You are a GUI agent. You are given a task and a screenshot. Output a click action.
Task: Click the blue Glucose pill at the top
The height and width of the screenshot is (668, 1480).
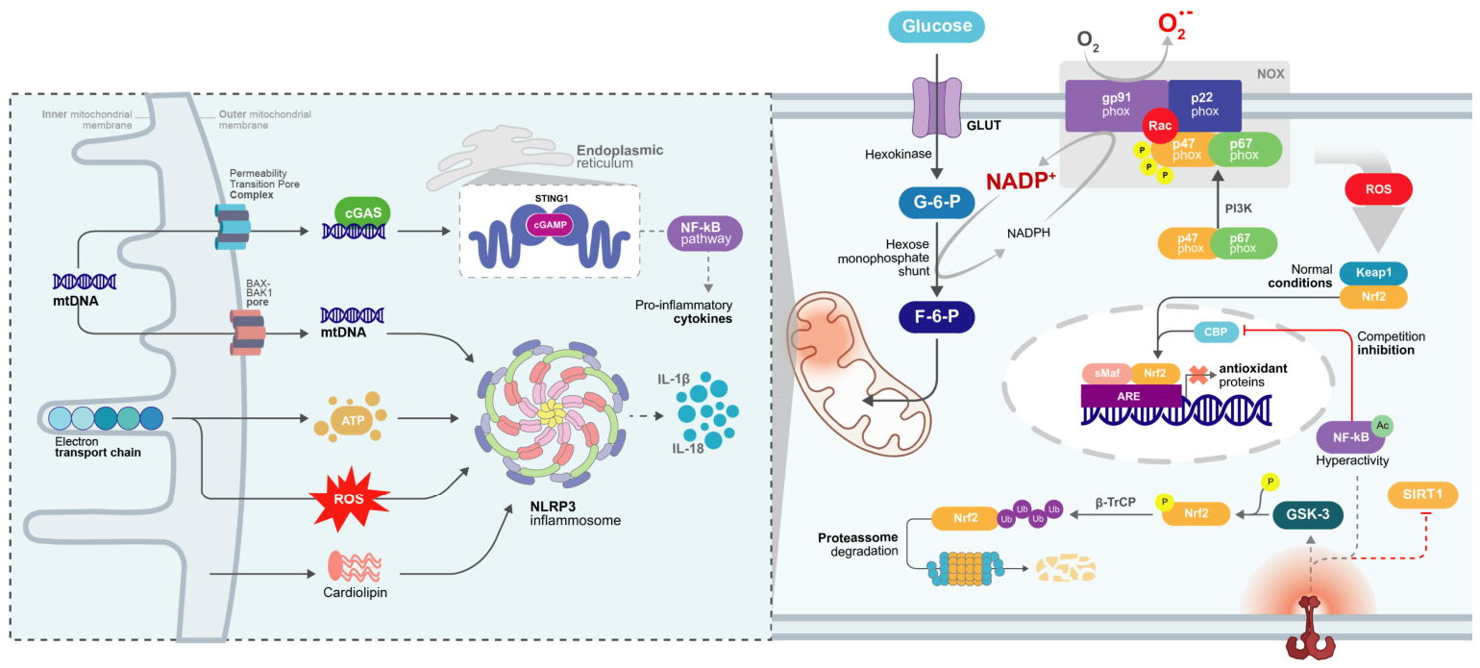click(x=936, y=26)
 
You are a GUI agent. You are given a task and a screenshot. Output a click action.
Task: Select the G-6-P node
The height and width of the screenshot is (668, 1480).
click(x=936, y=202)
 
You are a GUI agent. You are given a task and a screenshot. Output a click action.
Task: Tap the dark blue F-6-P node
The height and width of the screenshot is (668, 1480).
click(x=936, y=317)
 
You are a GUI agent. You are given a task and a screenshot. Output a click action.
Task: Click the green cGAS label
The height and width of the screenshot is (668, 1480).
click(x=362, y=212)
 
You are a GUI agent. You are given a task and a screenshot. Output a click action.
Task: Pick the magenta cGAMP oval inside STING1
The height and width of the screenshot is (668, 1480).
click(x=551, y=225)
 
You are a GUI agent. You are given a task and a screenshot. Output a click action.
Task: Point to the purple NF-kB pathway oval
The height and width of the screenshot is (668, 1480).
click(x=705, y=234)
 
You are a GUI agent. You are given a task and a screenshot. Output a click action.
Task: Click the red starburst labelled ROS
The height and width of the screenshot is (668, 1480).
click(x=349, y=499)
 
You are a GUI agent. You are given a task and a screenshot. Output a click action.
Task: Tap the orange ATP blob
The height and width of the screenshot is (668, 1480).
click(x=352, y=420)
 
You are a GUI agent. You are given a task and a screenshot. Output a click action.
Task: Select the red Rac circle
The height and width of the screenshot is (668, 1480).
click(x=1160, y=126)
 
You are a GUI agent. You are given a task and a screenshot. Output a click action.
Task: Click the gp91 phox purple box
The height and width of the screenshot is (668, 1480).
click(x=1117, y=105)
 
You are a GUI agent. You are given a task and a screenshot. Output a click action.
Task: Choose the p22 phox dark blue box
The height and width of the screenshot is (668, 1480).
click(x=1205, y=105)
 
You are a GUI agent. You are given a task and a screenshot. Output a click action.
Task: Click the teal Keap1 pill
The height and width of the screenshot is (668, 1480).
click(x=1373, y=273)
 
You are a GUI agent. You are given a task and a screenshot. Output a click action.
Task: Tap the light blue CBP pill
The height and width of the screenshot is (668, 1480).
click(x=1216, y=332)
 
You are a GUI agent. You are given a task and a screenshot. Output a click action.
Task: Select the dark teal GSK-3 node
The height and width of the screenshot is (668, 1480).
click(x=1308, y=514)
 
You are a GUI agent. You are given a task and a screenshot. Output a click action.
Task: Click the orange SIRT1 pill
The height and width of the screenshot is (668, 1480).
click(x=1422, y=495)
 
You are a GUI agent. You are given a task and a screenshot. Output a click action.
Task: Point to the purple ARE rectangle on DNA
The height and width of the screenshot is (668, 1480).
click(x=1131, y=396)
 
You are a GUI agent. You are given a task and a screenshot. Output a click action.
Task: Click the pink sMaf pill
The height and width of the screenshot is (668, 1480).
click(x=1107, y=373)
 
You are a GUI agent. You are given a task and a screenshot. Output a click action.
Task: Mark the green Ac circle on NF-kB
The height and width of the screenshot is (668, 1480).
click(x=1382, y=426)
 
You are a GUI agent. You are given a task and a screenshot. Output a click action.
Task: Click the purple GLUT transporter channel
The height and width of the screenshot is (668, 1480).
click(x=937, y=108)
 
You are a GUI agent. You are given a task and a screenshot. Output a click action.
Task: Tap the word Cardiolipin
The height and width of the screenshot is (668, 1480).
click(x=355, y=593)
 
